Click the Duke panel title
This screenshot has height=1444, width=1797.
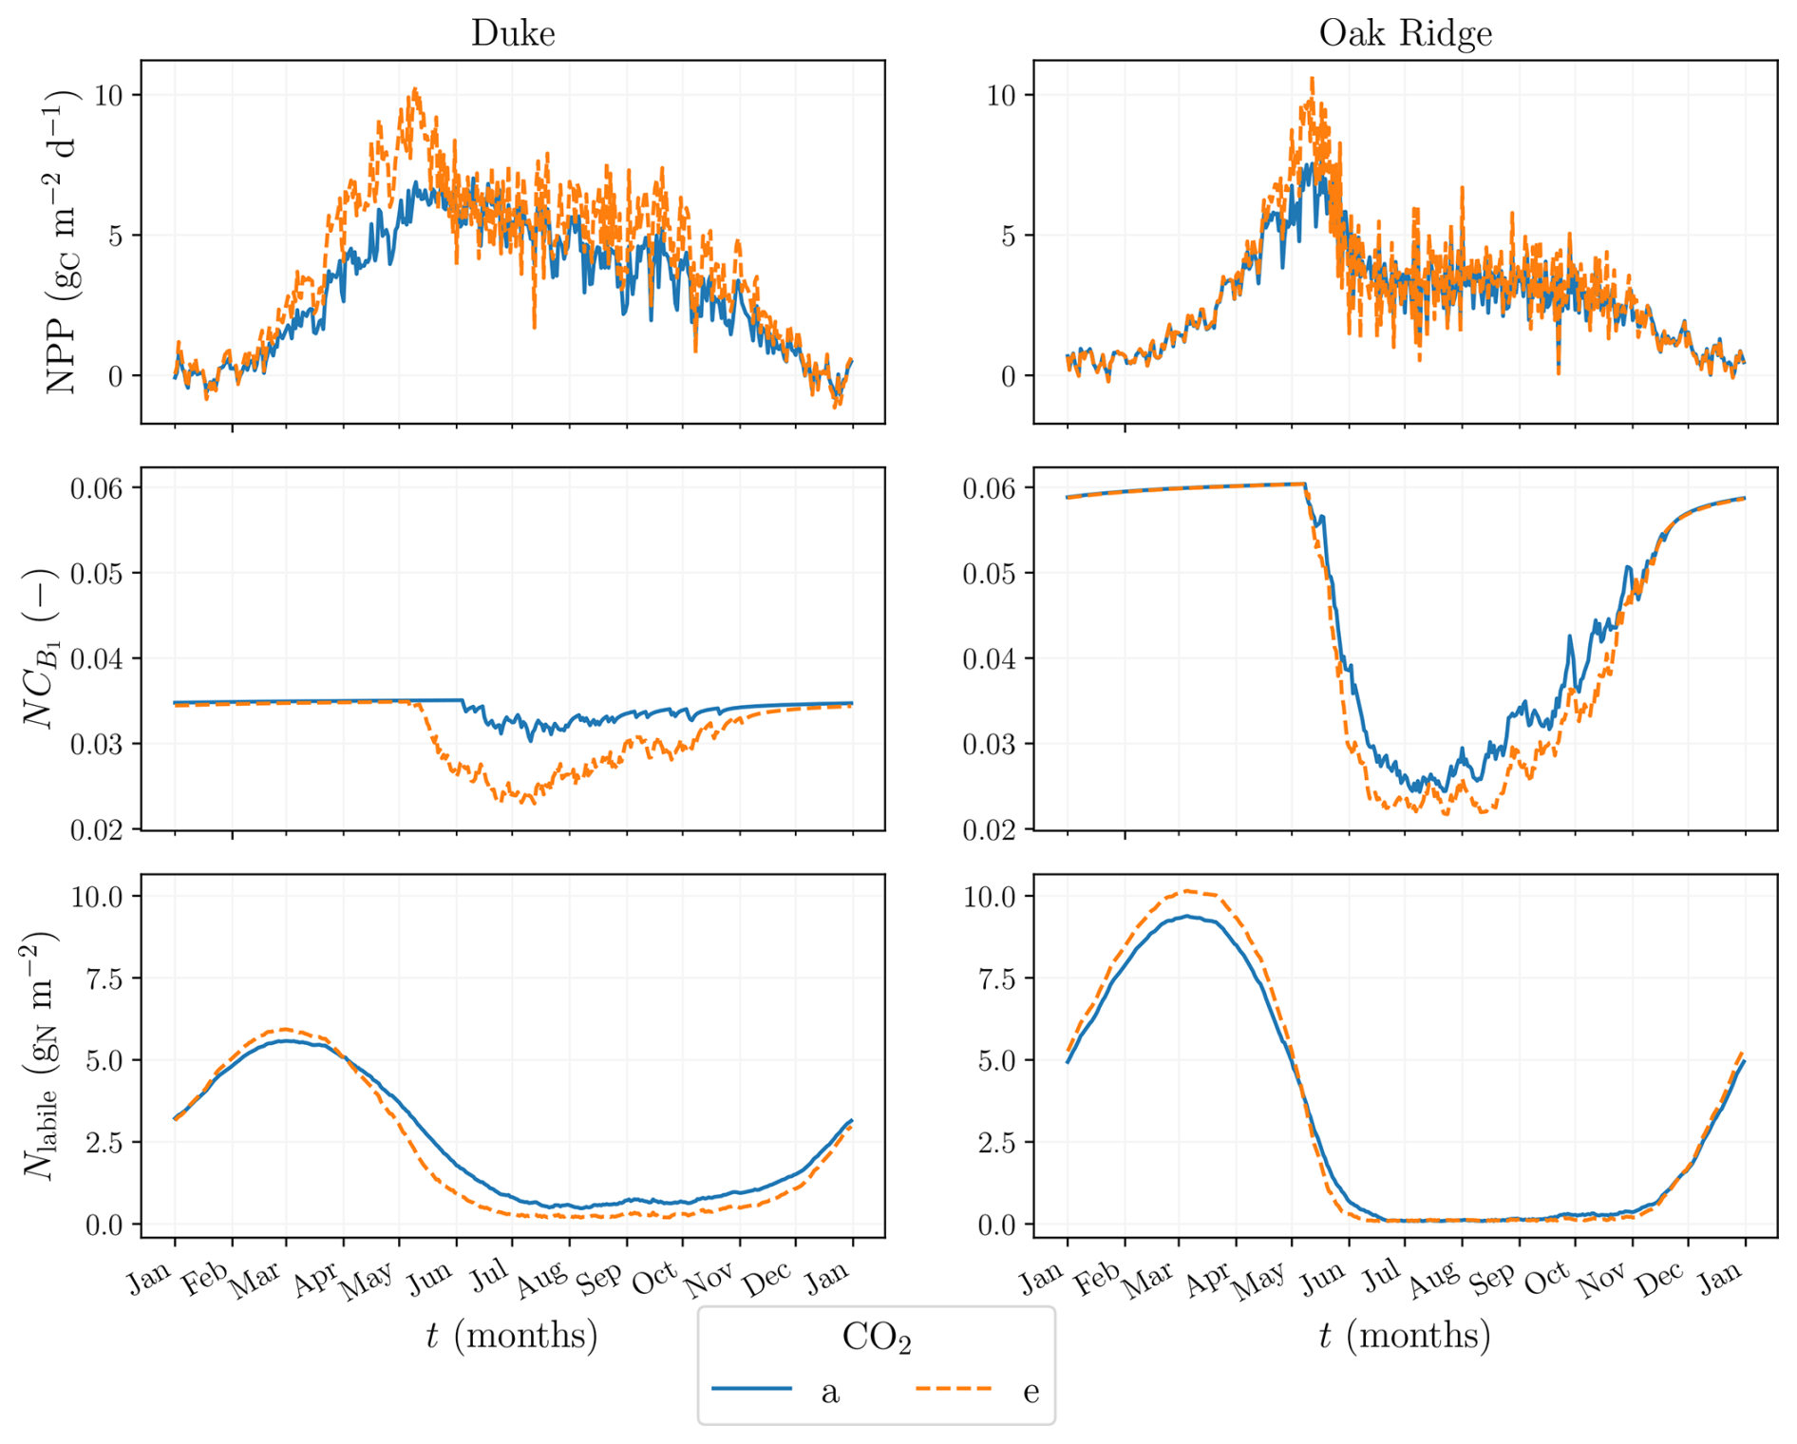[513, 32]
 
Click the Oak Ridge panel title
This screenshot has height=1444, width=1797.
[1406, 32]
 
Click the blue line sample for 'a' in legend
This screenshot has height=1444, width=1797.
[751, 1388]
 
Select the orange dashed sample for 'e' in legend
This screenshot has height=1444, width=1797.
[955, 1388]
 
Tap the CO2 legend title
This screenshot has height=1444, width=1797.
[877, 1338]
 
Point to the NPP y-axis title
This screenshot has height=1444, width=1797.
[63, 242]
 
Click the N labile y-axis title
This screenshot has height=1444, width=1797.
[40, 1055]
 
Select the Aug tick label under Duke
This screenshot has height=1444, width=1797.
[541, 1280]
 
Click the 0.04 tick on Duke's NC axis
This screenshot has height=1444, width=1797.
[97, 658]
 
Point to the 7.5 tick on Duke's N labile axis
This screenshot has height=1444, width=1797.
[104, 978]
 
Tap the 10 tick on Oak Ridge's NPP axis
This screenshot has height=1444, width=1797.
[1001, 95]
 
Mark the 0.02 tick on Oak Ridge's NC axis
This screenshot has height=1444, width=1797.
[990, 829]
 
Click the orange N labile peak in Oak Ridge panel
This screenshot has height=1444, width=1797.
[1187, 891]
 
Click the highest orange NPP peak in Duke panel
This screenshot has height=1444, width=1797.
[415, 89]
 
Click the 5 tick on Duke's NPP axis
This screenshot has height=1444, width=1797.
[116, 236]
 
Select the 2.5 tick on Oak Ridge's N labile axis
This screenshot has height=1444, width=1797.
[997, 1142]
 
